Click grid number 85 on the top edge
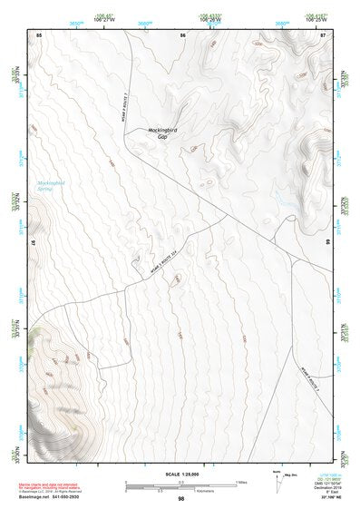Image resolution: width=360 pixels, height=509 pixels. (39, 34)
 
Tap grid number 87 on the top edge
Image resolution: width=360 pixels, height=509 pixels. (323, 34)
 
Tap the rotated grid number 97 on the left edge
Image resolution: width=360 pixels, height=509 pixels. (34, 244)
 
